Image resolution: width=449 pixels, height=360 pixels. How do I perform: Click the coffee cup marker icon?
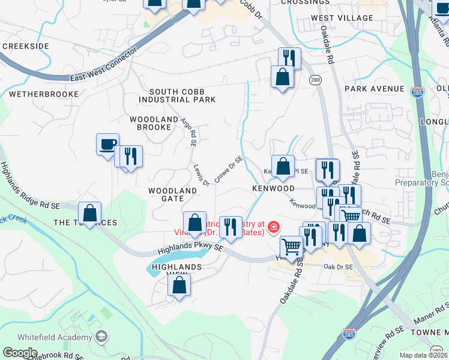(x=107, y=143)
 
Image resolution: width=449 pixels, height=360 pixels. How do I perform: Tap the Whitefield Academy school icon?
(x=101, y=336)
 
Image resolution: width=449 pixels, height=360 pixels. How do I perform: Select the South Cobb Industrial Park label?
(x=177, y=95)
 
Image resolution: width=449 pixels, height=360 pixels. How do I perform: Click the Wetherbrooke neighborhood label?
(x=44, y=94)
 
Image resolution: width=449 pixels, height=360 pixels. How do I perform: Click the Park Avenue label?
(x=375, y=89)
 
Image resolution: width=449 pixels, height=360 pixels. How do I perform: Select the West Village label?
(x=342, y=18)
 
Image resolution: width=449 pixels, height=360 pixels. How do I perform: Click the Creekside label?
(x=25, y=46)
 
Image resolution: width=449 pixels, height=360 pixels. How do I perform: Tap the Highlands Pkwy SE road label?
(x=190, y=244)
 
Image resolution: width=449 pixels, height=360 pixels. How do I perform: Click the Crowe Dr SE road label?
(x=228, y=170)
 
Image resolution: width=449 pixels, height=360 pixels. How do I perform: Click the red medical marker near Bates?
(x=274, y=227)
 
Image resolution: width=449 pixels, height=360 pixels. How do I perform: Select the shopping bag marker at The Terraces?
(x=89, y=213)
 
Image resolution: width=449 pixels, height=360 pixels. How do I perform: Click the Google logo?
(x=19, y=353)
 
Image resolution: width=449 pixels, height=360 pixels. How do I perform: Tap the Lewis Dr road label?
(x=200, y=174)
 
